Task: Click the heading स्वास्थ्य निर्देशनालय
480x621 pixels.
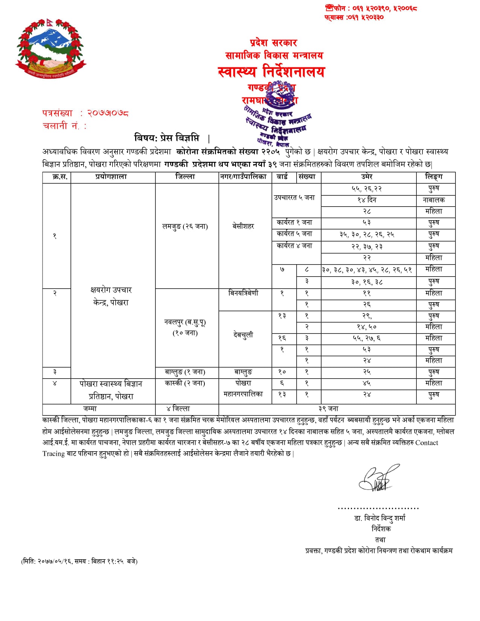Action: tap(271, 72)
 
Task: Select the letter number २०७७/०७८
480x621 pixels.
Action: tap(108, 113)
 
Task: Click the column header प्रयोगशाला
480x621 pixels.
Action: tap(111, 177)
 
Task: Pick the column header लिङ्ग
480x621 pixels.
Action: tap(434, 177)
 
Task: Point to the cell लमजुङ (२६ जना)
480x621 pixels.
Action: tap(185, 226)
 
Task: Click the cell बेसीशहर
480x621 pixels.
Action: tap(243, 226)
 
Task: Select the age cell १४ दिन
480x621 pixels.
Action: tap(367, 200)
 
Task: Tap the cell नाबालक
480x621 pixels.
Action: tap(434, 200)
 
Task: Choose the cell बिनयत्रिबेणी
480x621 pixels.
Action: tap(243, 293)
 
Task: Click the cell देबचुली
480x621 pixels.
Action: tap(243, 335)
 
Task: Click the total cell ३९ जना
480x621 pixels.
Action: tap(328, 409)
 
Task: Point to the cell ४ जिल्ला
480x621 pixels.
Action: tap(178, 409)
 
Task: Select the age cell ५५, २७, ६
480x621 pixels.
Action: tap(367, 338)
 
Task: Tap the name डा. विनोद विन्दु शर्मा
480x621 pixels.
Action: tap(380, 518)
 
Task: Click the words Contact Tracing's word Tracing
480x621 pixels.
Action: tap(54, 454)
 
